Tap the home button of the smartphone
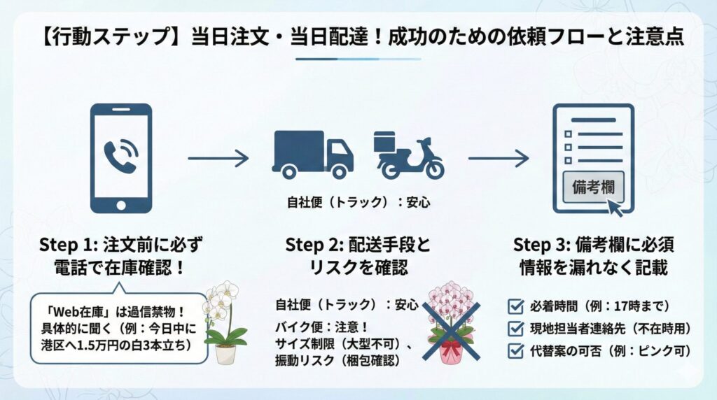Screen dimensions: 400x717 tap(121, 204)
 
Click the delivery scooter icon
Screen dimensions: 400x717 tap(408, 155)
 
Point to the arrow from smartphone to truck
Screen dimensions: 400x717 tap(218, 159)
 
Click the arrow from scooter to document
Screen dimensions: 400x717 tap(498, 159)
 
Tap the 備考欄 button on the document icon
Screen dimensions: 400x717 tap(594, 187)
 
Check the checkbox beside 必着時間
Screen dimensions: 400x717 tap(515, 306)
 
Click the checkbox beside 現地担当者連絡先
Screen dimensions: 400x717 tap(515, 327)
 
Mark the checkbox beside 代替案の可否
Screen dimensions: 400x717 tap(515, 349)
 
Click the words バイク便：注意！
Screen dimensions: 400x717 tap(320, 325)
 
